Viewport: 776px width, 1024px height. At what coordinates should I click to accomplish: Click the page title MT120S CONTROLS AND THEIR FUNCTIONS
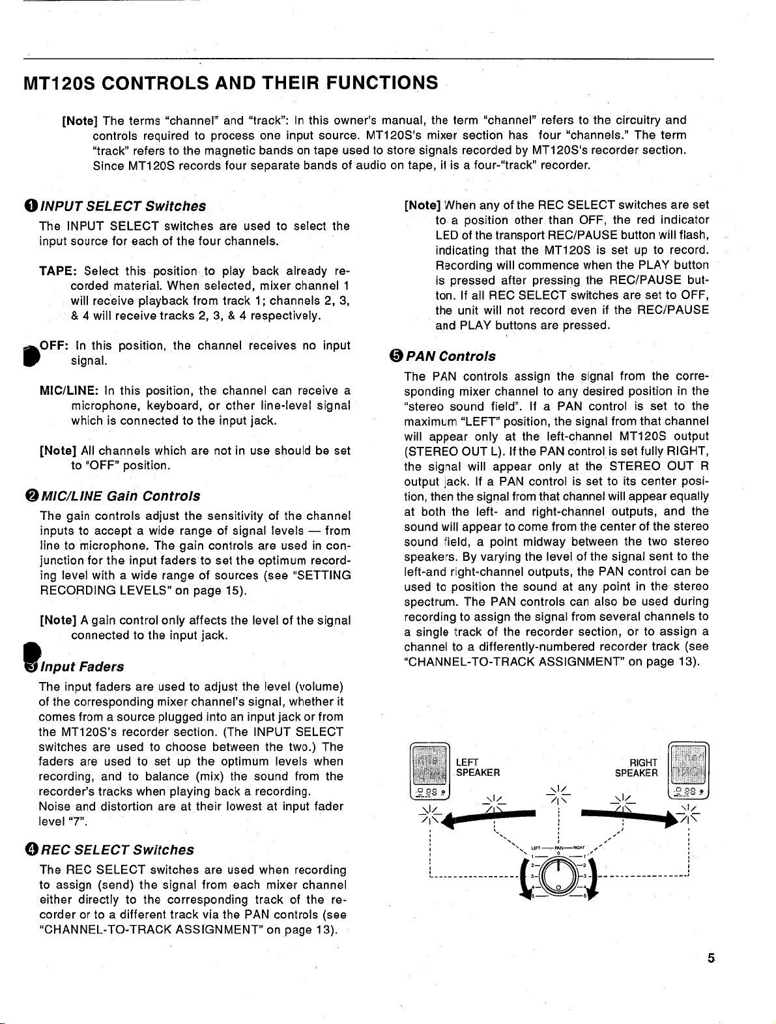click(230, 83)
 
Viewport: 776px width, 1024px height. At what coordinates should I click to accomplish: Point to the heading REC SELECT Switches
click(117, 850)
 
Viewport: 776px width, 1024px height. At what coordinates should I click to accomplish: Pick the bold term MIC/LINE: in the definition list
click(68, 391)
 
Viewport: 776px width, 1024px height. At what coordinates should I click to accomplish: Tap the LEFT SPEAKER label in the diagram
click(478, 767)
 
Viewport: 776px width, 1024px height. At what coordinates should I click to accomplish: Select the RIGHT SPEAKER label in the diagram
click(637, 767)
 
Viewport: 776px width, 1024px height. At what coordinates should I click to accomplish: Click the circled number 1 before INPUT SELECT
click(31, 206)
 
